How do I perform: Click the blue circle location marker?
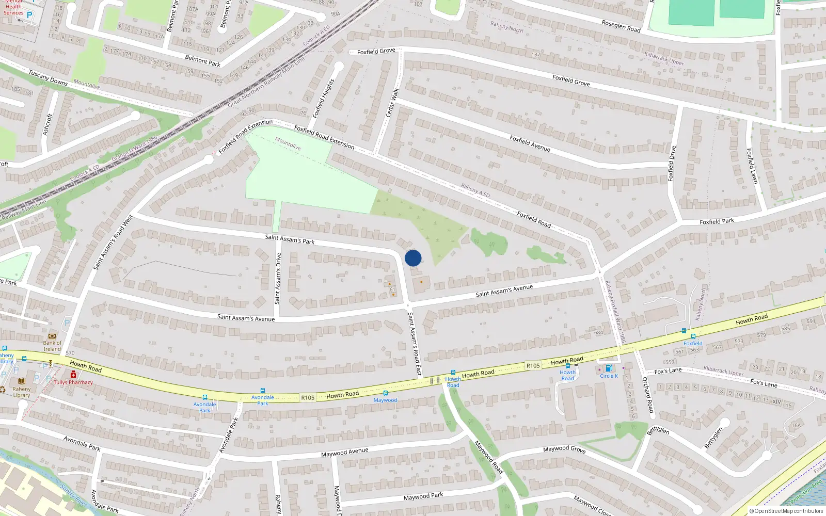[x=413, y=258]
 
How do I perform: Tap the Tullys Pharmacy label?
[x=73, y=382]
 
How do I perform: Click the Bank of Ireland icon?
[x=52, y=336]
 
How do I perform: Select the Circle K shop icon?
[x=609, y=368]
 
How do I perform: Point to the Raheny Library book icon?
[x=22, y=381]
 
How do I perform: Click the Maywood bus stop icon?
[x=385, y=393]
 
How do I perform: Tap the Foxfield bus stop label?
[x=693, y=343]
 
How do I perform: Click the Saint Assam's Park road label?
[x=290, y=239]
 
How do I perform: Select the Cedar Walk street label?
[x=393, y=102]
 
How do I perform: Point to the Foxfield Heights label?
[x=324, y=98]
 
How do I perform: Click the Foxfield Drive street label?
[x=672, y=164]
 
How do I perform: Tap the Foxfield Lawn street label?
[x=752, y=166]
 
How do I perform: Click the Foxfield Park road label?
[x=717, y=221]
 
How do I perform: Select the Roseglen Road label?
[x=621, y=26]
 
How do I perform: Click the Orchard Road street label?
[x=647, y=395]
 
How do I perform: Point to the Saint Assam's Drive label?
[x=278, y=278]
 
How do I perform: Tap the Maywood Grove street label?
[x=564, y=449]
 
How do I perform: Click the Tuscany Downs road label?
[x=48, y=77]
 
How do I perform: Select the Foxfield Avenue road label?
[x=530, y=143]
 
